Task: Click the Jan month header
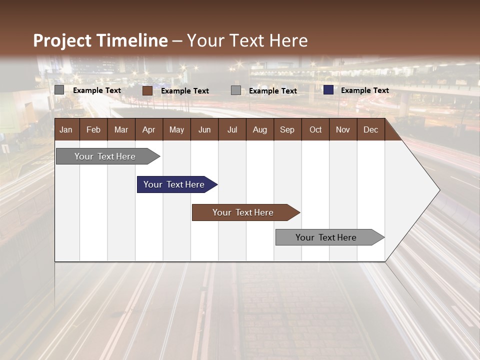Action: (66, 130)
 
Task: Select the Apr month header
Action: (149, 130)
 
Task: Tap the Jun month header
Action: (204, 130)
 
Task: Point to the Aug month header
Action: (260, 130)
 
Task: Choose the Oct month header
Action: (315, 130)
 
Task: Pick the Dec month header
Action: (371, 130)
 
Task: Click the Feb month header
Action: (93, 130)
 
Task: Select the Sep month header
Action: (287, 130)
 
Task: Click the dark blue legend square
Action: (328, 90)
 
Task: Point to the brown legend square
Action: (147, 90)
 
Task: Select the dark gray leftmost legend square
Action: (59, 90)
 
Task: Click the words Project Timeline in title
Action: (100, 40)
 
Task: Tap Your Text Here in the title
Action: (247, 40)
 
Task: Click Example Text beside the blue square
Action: (364, 90)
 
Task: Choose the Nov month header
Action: (343, 130)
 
